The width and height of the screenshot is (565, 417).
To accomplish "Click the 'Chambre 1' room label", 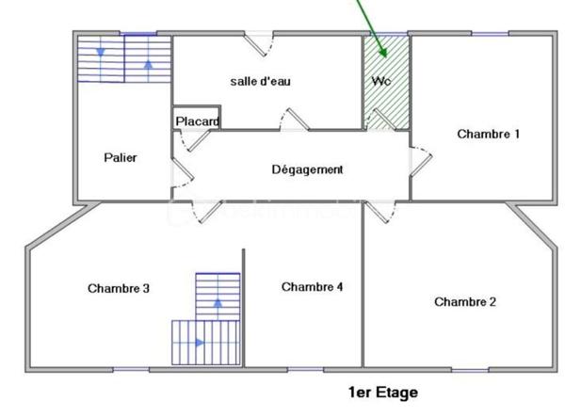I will tap(488, 134).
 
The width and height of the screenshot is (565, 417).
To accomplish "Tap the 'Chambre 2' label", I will tap(465, 301).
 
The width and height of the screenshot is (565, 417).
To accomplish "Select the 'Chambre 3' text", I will tap(119, 288).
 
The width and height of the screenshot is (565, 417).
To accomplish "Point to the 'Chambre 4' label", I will tap(312, 286).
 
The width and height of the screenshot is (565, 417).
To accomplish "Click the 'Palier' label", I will tap(121, 157).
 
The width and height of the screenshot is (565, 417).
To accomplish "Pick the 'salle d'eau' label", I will tap(261, 81).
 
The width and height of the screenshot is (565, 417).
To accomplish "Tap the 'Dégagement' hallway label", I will tap(307, 169).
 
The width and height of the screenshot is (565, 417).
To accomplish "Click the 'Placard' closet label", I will tap(197, 121).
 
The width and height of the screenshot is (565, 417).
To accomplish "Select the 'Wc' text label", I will tap(381, 81).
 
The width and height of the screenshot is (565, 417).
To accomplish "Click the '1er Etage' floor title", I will tap(382, 392).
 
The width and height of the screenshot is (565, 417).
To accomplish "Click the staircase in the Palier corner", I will tap(123, 58).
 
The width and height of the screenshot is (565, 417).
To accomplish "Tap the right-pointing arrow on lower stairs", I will tap(200, 343).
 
